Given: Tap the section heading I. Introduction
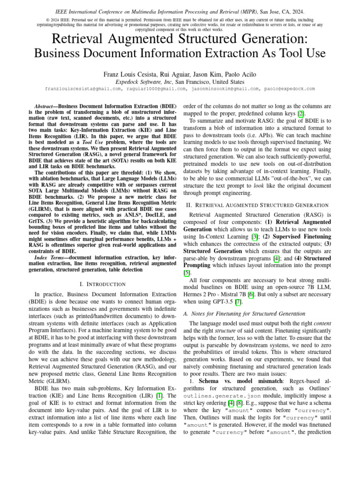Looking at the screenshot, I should [x=103, y=284].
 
